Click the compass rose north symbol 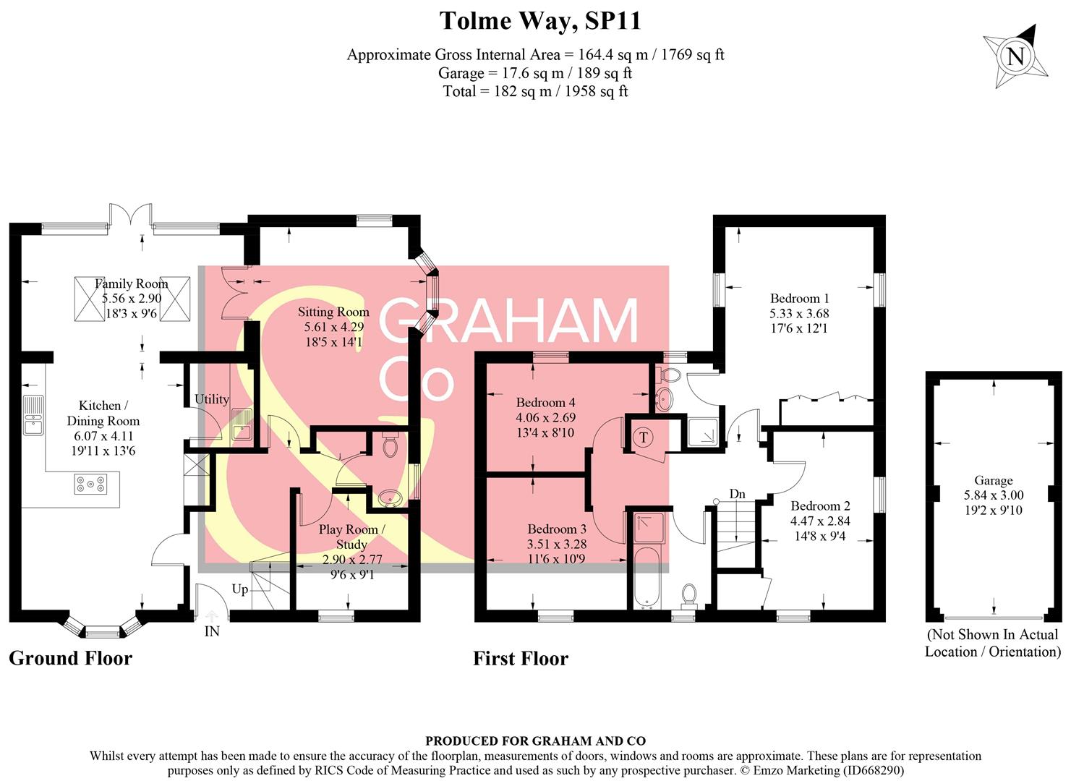pos(1015,56)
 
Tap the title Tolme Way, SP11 pos(540,21)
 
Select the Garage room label pos(993,480)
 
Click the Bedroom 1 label pos(799,298)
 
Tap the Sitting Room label pos(333,312)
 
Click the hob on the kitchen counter pos(90,484)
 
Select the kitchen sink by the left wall pos(33,415)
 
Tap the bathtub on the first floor pos(645,579)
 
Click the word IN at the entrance pos(212,631)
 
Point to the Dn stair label pos(737,494)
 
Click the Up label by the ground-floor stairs pos(240,589)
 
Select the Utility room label pos(211,399)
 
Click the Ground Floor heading pos(70,658)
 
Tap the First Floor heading pos(521,658)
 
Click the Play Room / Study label pos(351,537)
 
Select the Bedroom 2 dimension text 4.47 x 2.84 pos(820,521)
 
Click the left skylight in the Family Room pos(90,299)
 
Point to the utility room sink pos(242,425)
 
